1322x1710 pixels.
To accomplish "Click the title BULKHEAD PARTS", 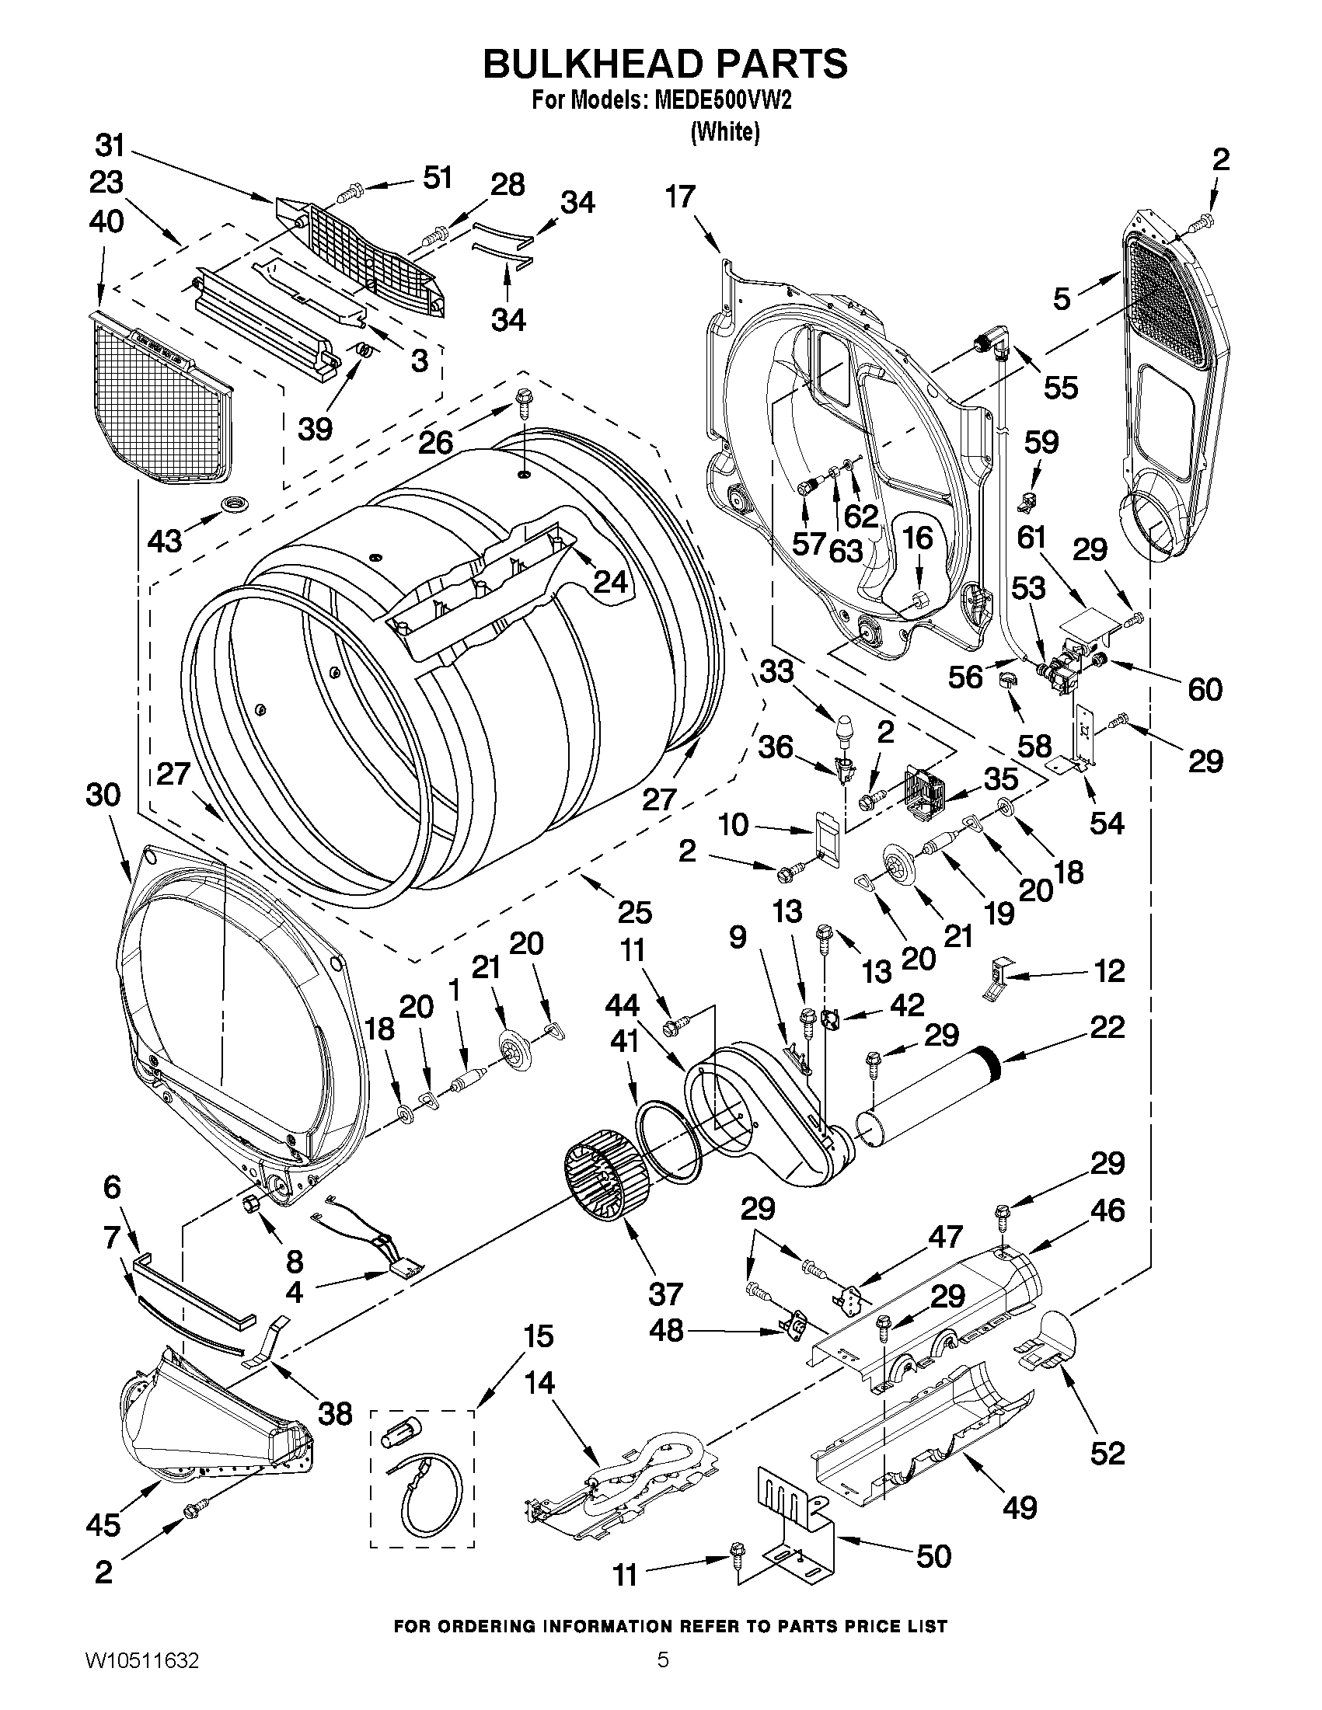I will (664, 64).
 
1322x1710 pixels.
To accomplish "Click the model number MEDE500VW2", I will (720, 101).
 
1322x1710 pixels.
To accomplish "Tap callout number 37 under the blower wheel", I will (666, 1294).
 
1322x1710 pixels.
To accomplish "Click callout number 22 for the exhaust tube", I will (1106, 1026).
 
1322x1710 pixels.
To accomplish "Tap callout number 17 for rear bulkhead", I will (680, 196).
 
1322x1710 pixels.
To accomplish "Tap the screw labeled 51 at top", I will (351, 190).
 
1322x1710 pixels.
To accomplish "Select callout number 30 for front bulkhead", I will (103, 795).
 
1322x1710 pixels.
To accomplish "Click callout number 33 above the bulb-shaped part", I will (776, 671).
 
